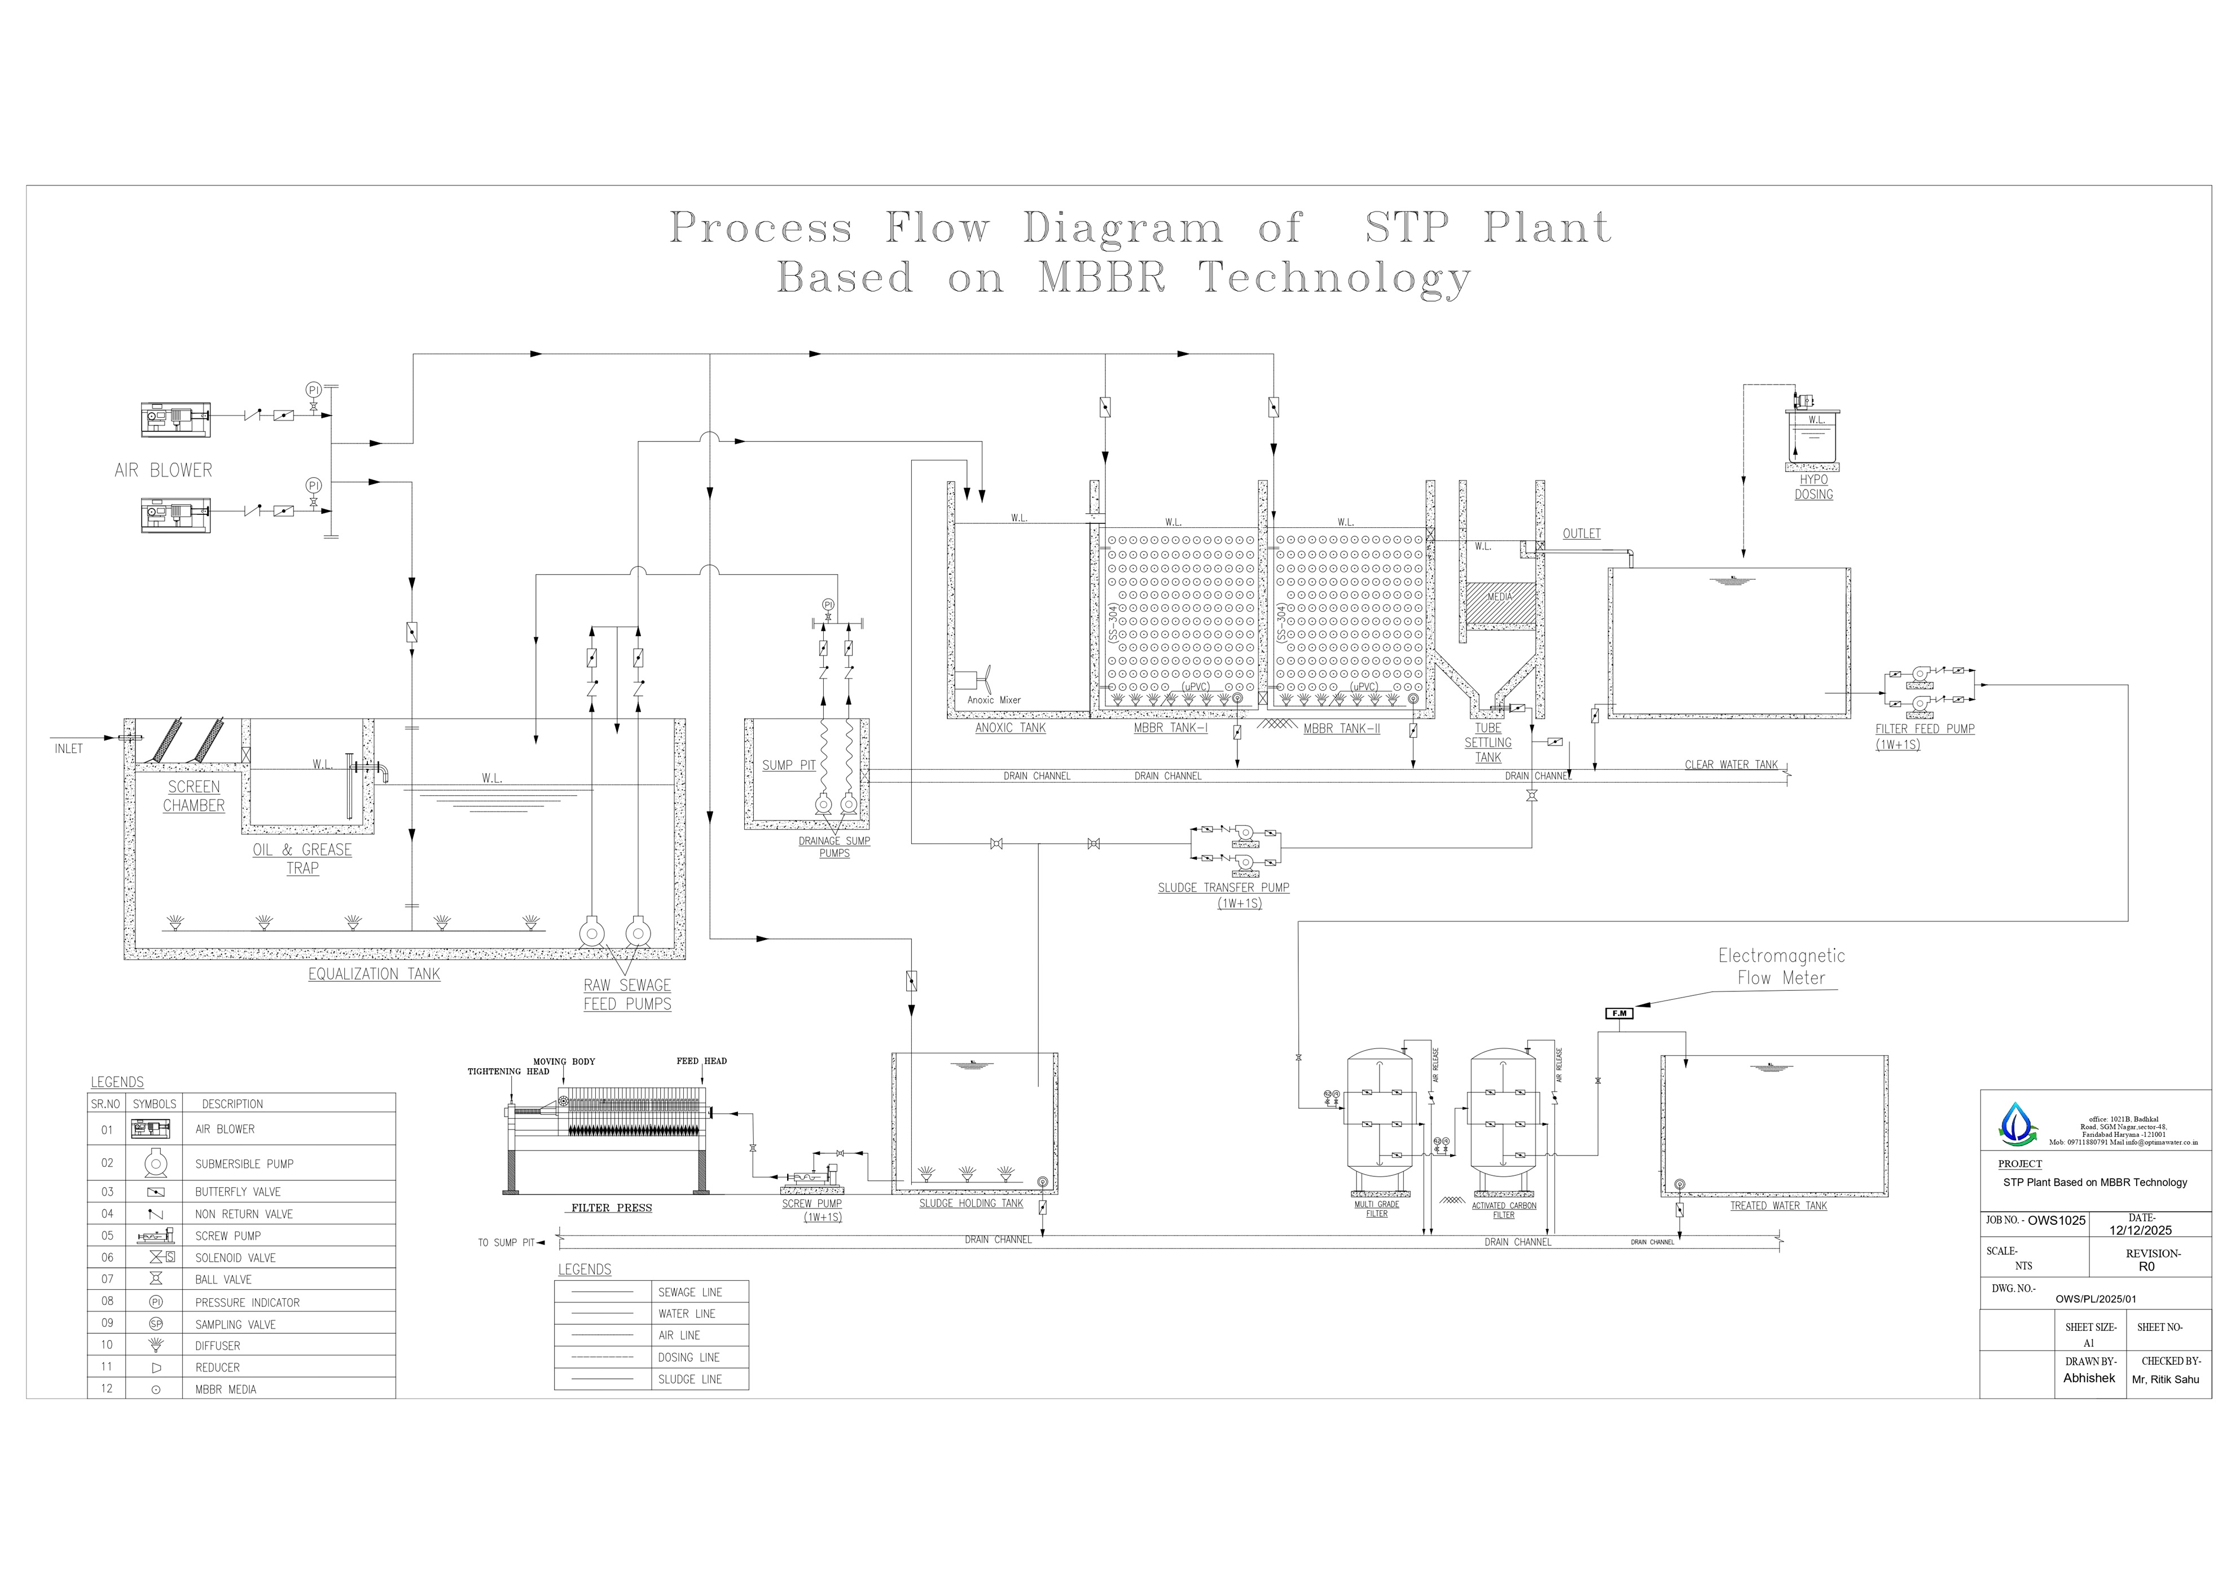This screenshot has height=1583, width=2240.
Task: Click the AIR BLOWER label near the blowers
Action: coord(163,470)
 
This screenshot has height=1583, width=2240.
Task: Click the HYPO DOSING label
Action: coord(1813,487)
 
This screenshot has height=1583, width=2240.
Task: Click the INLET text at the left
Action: coord(68,749)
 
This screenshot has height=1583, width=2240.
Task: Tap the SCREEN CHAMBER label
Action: coord(193,796)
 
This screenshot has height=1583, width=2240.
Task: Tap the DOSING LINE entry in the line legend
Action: coord(689,1357)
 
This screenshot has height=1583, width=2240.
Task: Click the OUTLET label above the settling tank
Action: coord(1582,533)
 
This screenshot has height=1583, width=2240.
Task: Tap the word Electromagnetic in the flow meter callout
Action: coord(1781,956)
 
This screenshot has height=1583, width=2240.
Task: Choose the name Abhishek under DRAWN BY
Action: coord(2089,1378)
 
